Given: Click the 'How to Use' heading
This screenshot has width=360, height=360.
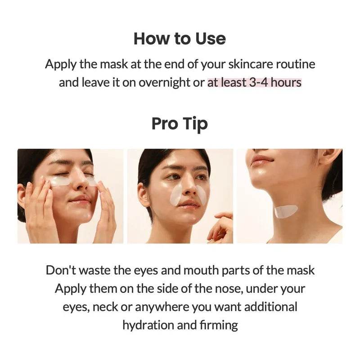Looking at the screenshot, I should (x=180, y=39).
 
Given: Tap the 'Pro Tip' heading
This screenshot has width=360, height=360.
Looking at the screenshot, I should (x=180, y=123).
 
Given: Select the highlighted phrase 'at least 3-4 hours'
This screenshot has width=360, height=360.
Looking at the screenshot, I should (x=254, y=83).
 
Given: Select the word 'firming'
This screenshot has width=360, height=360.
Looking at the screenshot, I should (x=220, y=325).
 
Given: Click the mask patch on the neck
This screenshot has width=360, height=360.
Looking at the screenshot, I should (x=286, y=211).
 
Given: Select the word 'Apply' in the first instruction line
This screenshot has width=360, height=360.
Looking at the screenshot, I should (x=61, y=64).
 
